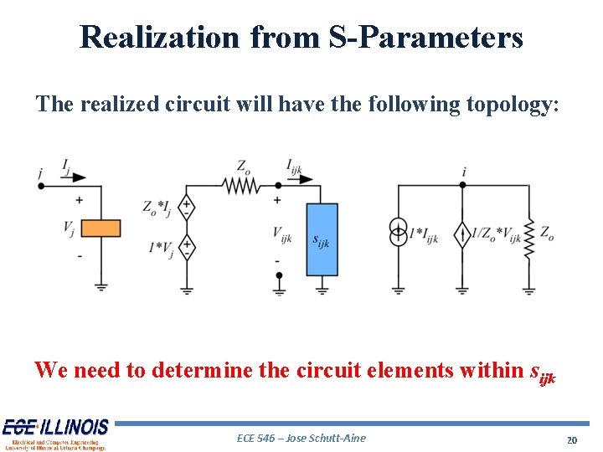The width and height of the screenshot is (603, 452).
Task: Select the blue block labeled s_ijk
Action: pos(322,239)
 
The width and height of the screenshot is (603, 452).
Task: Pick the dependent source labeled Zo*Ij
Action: pos(188,207)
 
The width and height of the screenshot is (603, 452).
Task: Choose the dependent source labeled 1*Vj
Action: pos(188,247)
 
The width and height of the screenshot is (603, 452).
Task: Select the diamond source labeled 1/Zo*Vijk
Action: pos(461,235)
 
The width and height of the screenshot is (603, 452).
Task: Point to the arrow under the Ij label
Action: pos(75,177)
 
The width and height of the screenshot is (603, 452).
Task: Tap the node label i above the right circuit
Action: pos(463,172)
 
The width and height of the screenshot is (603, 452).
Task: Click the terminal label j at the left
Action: pos(40,172)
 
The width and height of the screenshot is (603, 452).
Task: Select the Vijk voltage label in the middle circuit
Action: pos(282,235)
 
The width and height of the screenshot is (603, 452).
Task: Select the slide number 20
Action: pos(573,439)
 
